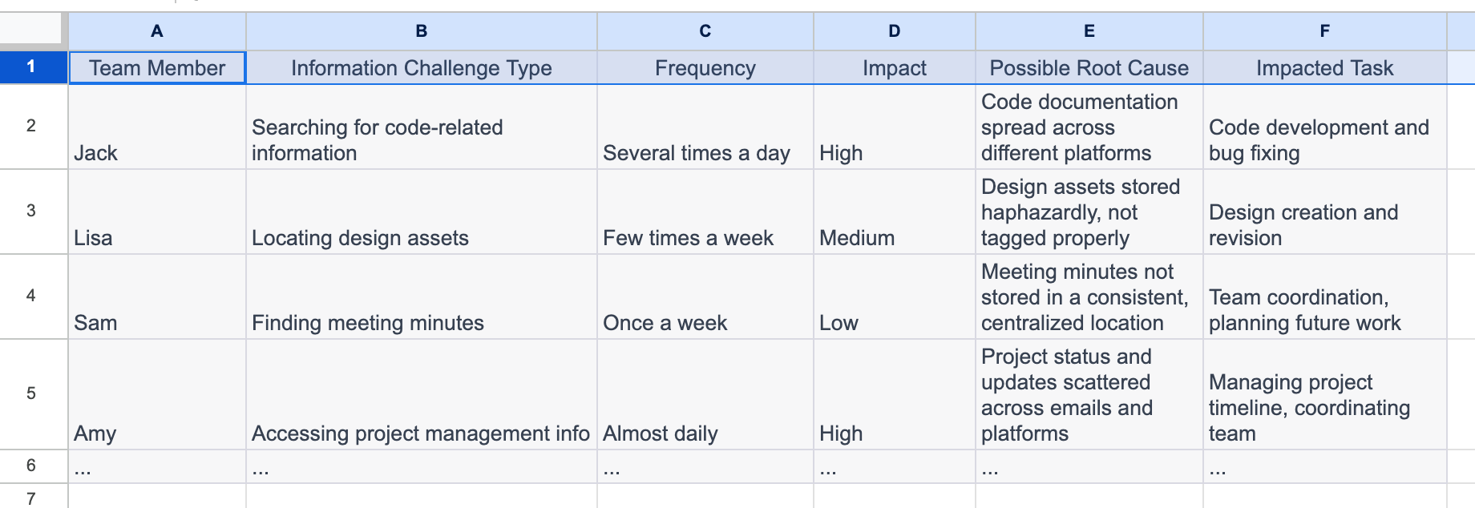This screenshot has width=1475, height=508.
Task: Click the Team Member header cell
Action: pyautogui.click(x=157, y=68)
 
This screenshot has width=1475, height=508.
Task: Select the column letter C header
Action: pyautogui.click(x=705, y=31)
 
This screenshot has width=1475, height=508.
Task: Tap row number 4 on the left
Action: pyautogui.click(x=31, y=296)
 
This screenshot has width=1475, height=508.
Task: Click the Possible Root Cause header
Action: pyautogui.click(x=1089, y=68)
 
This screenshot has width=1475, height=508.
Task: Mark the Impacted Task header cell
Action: pyautogui.click(x=1324, y=68)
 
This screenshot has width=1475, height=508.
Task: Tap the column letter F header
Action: pyautogui.click(x=1324, y=31)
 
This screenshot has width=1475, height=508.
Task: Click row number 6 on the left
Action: pyautogui.click(x=31, y=466)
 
